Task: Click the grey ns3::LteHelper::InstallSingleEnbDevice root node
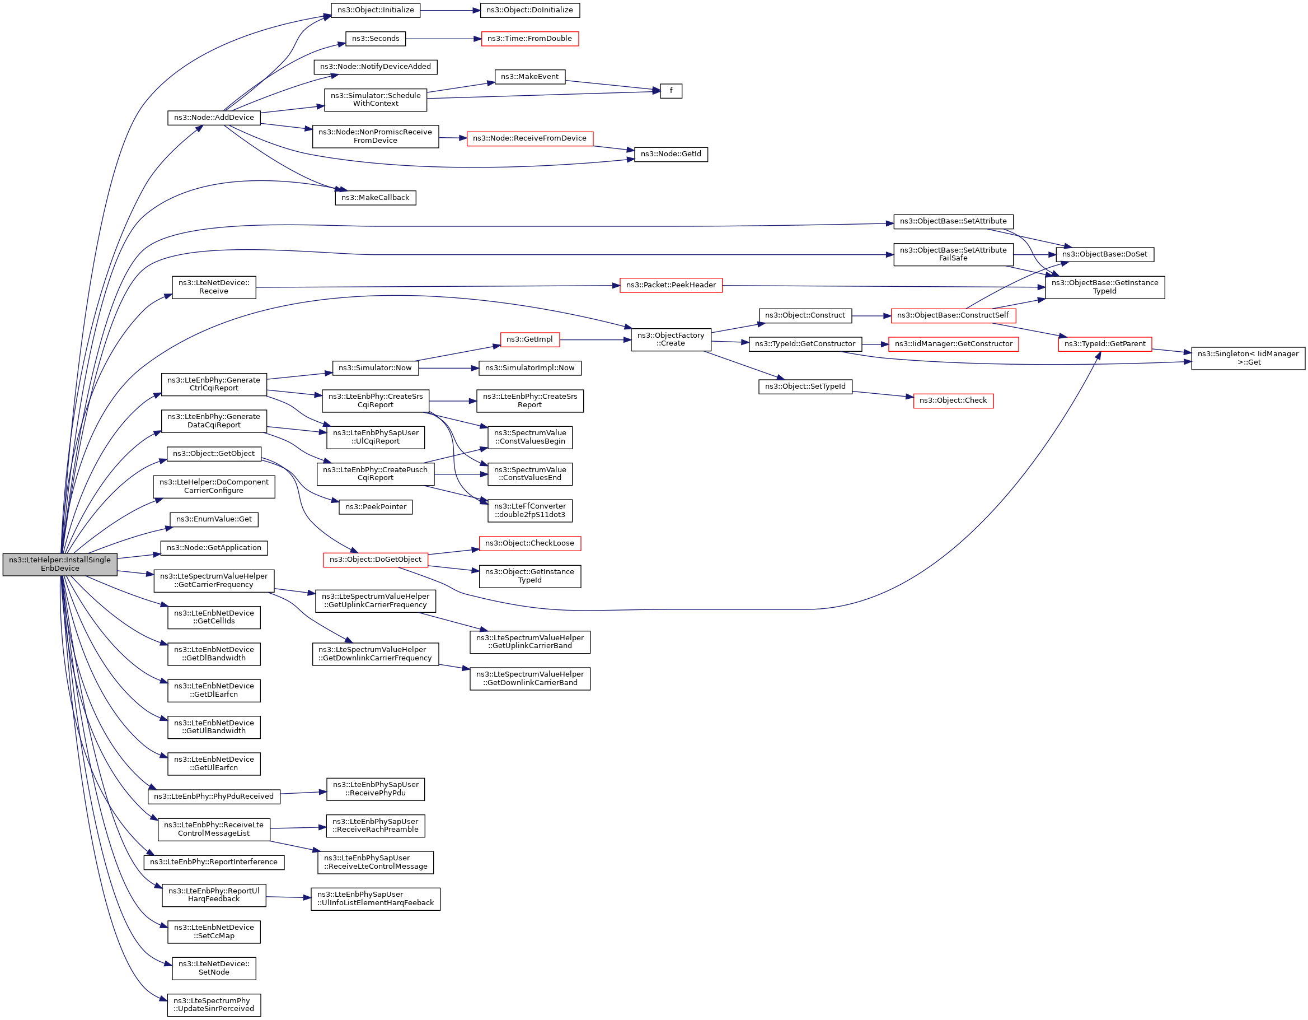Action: (60, 565)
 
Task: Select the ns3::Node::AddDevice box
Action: (214, 118)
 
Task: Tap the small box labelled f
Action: (671, 91)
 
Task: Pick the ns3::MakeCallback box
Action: (376, 198)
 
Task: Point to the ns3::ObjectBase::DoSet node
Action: (1105, 255)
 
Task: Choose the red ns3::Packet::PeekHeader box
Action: (671, 285)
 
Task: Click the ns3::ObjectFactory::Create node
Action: (671, 340)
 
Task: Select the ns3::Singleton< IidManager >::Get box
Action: (1248, 358)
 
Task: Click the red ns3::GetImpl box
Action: (530, 340)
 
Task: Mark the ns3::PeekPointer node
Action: (376, 507)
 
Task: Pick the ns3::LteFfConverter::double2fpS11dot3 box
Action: (530, 511)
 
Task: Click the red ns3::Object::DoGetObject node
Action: (376, 560)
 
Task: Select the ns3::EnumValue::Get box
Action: (214, 520)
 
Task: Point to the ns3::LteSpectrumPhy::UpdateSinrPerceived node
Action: (214, 1005)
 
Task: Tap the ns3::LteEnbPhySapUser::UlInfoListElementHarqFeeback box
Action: (376, 899)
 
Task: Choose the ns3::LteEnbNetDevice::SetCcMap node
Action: (214, 932)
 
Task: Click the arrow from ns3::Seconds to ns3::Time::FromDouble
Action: (444, 39)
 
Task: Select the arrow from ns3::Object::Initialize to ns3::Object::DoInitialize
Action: (451, 11)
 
